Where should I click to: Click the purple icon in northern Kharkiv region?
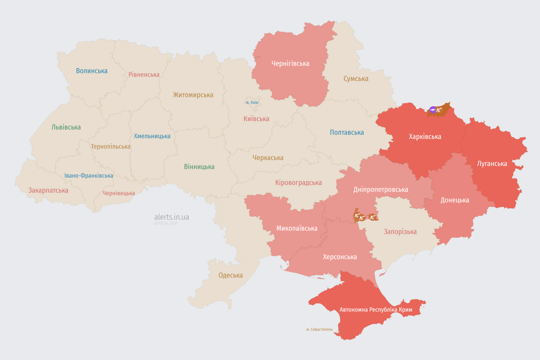pyautogui.click(x=433, y=110)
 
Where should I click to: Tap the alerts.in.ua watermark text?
pyautogui.click(x=172, y=217)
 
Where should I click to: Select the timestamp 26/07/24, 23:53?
pyautogui.click(x=165, y=224)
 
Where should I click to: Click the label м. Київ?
pyautogui.click(x=252, y=102)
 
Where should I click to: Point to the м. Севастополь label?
pyautogui.click(x=319, y=329)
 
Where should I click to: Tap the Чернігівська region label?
pyautogui.click(x=290, y=63)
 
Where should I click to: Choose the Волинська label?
pyautogui.click(x=92, y=71)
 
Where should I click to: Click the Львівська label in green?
pyautogui.click(x=66, y=127)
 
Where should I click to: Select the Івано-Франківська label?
pyautogui.click(x=89, y=176)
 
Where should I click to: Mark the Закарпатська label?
pyautogui.click(x=48, y=190)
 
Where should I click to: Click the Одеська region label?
pyautogui.click(x=231, y=275)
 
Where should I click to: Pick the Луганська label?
pyautogui.click(x=492, y=164)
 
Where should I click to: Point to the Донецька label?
pyautogui.click(x=455, y=200)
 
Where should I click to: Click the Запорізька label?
pyautogui.click(x=400, y=232)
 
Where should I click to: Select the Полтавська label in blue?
pyautogui.click(x=347, y=132)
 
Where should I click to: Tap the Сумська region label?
pyautogui.click(x=356, y=79)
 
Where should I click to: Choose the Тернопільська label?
pyautogui.click(x=111, y=146)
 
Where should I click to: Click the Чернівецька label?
pyautogui.click(x=119, y=193)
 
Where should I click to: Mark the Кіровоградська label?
pyautogui.click(x=299, y=182)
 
